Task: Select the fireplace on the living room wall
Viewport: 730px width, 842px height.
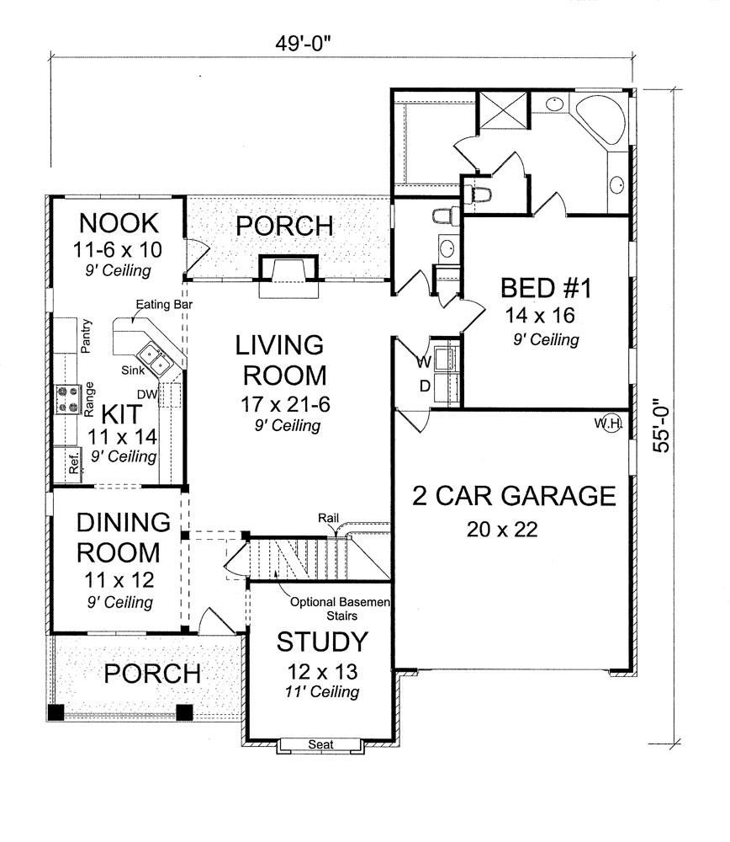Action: [x=288, y=275]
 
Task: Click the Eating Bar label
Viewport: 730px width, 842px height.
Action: [x=160, y=308]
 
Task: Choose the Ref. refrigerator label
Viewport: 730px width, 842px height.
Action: [x=73, y=464]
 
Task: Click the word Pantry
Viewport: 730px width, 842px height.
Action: [x=86, y=337]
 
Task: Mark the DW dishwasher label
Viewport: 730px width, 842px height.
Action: [x=147, y=393]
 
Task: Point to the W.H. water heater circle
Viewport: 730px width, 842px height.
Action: [x=608, y=424]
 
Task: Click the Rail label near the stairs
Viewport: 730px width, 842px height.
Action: [x=329, y=518]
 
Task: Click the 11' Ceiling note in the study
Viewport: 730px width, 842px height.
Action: [x=322, y=693]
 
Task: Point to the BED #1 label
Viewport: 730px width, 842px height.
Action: [x=547, y=289]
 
